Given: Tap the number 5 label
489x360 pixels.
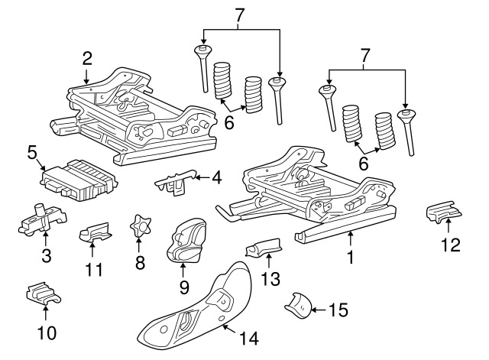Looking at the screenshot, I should tap(32, 152).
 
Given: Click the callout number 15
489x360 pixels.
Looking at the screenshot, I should tap(338, 310).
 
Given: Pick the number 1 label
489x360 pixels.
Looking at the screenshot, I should tap(351, 258).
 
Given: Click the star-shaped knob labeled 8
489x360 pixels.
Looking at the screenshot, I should tap(139, 227).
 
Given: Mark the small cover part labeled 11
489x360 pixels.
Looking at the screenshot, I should tap(93, 231).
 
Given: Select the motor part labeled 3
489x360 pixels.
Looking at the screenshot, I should tap(36, 221).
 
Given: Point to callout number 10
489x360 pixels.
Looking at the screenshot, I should tap(45, 333).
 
